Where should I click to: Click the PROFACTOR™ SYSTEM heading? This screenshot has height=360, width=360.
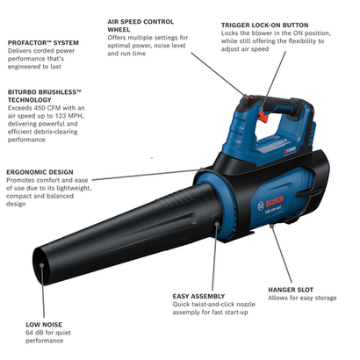[x=43, y=41]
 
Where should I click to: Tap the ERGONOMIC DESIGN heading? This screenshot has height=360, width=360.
[x=40, y=172]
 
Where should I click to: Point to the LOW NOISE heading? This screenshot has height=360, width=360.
[x=44, y=324]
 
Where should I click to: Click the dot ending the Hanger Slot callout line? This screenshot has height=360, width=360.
[x=273, y=227]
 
